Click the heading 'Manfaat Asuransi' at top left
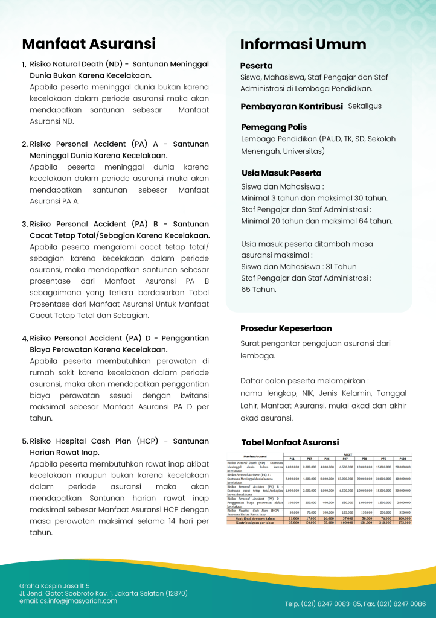pos(89,43)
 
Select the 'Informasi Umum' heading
pos(303,44)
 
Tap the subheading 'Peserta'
pos(257,65)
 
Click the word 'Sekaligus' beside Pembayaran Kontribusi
pos(365,106)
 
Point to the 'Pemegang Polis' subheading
pos(274,127)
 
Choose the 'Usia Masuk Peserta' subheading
pos(281,173)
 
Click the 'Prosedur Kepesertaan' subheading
pos(286,328)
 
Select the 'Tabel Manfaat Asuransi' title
pos(290,442)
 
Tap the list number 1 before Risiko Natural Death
pos(24,65)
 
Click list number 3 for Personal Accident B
pos(25,224)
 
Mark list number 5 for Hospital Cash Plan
pos(25,441)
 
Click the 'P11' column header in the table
pos(293,459)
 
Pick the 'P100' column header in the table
pos(403,459)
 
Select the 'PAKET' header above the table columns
pos(348,454)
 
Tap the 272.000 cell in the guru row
pos(403,522)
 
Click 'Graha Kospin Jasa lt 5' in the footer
pos(54,585)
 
